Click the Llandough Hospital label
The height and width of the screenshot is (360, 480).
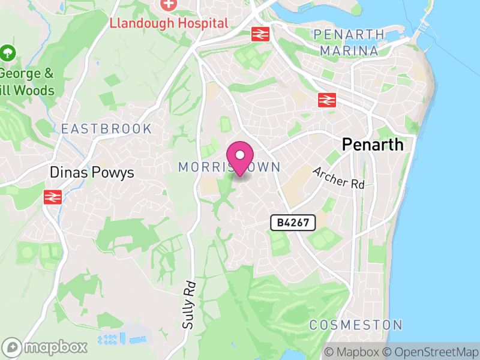coord(169,23)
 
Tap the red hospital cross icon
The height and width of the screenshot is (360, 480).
coord(169,4)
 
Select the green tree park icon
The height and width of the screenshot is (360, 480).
coord(8,53)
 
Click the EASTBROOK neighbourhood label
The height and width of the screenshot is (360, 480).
coord(107,129)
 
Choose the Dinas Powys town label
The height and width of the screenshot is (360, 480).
coord(92,173)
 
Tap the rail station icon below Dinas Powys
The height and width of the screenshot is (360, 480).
coord(53,196)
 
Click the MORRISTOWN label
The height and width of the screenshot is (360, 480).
coord(229,167)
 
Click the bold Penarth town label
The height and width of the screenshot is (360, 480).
coord(373,145)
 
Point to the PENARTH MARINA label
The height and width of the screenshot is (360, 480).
coord(349,42)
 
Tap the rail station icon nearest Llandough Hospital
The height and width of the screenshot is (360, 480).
coord(260,34)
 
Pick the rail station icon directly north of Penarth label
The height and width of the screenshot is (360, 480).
coord(326,100)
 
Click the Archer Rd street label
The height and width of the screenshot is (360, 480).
coord(338,178)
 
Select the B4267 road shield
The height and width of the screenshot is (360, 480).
coord(293,223)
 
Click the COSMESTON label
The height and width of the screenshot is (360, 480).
coord(356,325)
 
